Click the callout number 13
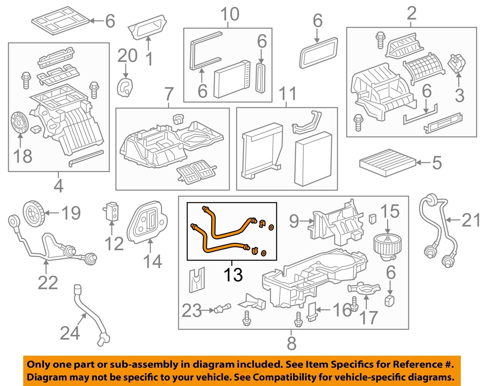(x=233, y=275)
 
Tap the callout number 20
(x=127, y=56)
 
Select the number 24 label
(x=70, y=333)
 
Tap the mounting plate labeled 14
(x=147, y=222)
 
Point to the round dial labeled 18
(x=20, y=123)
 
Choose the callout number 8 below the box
(x=291, y=343)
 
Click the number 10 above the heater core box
(x=229, y=15)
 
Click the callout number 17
(x=368, y=318)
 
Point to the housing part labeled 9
(x=336, y=225)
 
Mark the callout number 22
(x=48, y=283)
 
